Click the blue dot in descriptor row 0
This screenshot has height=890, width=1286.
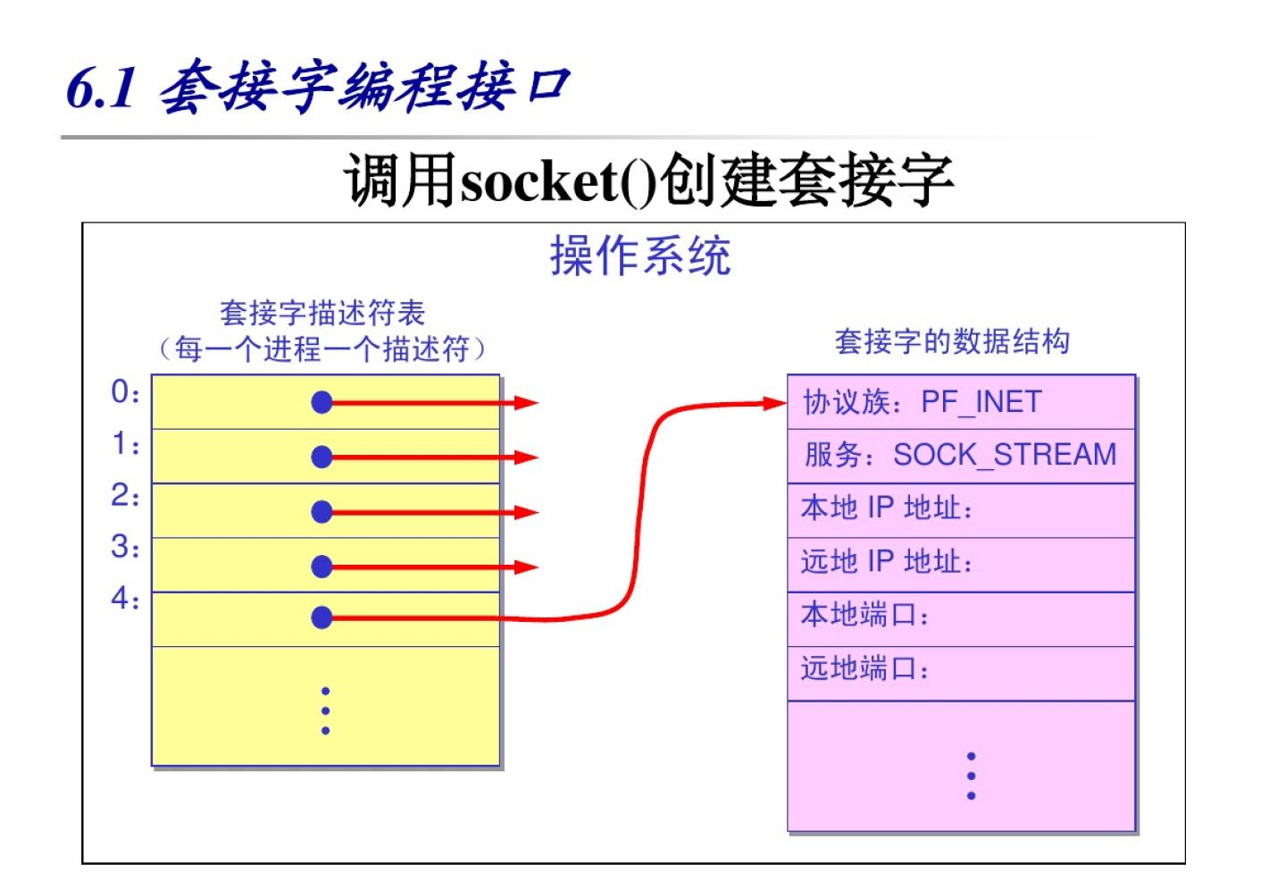pos(321,403)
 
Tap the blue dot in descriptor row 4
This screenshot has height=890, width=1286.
pos(321,617)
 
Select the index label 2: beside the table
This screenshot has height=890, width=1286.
pos(125,495)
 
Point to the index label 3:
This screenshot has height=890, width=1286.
pos(125,546)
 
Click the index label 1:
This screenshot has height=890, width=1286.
pos(125,443)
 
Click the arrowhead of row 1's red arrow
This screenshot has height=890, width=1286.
pos(527,458)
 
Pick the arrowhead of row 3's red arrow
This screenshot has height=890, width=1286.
pos(527,567)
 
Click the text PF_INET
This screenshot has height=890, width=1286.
pos(981,402)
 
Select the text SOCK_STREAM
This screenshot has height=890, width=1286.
pos(1005,455)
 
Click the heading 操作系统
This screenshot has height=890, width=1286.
pos(640,256)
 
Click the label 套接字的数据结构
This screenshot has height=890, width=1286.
pos(952,341)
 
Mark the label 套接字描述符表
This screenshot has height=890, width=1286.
pos(322,313)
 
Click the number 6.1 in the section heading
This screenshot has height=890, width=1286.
pos(101,88)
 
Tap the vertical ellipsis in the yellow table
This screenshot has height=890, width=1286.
pos(325,711)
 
